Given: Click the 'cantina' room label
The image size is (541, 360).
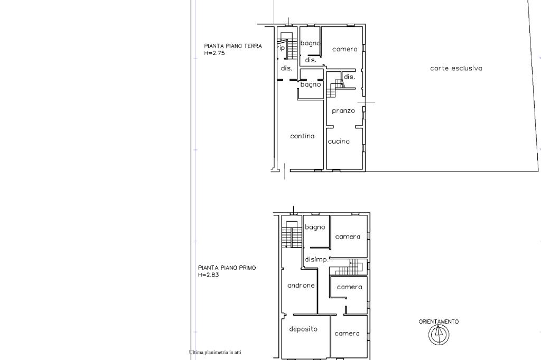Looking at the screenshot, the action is (x=302, y=136).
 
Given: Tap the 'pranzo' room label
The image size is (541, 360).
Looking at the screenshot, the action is (x=343, y=111).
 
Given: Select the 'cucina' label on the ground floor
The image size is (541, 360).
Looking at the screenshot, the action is (x=339, y=141).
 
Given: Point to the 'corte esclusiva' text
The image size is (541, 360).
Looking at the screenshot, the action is (x=456, y=68).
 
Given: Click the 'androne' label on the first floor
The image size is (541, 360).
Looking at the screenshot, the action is (x=301, y=285).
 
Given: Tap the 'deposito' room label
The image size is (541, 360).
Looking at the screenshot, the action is (x=303, y=329).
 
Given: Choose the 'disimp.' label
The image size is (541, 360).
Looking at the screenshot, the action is (x=316, y=259).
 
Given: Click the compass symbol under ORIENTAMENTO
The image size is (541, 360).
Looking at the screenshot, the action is (x=439, y=335).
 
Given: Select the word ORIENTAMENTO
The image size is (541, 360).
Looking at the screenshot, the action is (x=439, y=321).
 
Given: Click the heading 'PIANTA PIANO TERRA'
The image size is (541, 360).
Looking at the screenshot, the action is (x=233, y=46).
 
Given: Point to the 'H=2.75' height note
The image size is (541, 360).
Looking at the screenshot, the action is (x=214, y=53).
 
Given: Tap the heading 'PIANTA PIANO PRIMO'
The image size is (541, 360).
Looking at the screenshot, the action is (x=227, y=268).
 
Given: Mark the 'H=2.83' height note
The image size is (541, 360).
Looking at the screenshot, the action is (x=208, y=275).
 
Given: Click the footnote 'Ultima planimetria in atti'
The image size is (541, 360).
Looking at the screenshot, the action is (x=216, y=353).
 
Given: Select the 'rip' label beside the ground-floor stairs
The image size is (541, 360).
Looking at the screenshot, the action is (x=282, y=48).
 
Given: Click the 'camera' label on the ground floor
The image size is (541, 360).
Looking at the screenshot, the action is (x=344, y=49).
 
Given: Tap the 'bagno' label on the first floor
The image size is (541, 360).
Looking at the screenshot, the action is (x=315, y=227).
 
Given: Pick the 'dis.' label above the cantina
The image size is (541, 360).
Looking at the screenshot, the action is (x=286, y=68).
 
